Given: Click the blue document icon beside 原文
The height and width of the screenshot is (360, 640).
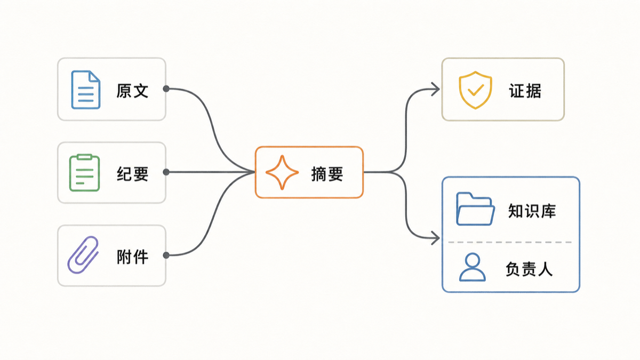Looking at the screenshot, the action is coord(86,90).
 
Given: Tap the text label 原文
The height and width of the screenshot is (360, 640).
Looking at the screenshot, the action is coord(132,91).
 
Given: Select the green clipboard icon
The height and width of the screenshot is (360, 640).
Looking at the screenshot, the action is coord(85,173).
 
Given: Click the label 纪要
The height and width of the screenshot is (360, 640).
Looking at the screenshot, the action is coord(133,174).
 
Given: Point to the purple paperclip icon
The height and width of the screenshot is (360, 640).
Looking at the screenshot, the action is coord(83,255).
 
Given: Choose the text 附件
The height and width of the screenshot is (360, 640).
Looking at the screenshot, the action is coord(133,257).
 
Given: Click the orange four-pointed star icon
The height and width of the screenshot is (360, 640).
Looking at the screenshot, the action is coord(282,173).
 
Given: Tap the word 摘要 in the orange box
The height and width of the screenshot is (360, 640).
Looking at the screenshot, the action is coord(327,174).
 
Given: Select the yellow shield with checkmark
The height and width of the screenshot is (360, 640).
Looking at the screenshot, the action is coord(475,90).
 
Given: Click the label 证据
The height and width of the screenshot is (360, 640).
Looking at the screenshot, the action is coord(525,91).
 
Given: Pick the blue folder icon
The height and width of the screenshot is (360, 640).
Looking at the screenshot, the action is coord(475,209).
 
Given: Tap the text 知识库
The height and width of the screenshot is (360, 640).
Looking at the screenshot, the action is coord(532,211).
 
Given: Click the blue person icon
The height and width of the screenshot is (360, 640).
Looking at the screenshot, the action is coord(473,267).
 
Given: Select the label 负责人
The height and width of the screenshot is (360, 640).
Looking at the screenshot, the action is coord(529,269).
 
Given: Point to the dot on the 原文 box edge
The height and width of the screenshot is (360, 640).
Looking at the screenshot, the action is coord(166,89).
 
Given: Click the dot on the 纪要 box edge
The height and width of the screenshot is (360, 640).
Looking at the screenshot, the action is coord(166,172).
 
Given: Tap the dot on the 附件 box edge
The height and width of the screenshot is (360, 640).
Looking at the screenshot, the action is coord(166,255).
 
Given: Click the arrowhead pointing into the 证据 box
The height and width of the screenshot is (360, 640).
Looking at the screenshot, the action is coord(435,89).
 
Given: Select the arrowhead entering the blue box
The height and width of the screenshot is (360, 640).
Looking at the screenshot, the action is coord(435,238).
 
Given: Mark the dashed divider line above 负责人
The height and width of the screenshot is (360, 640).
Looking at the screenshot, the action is coord(510,242).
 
